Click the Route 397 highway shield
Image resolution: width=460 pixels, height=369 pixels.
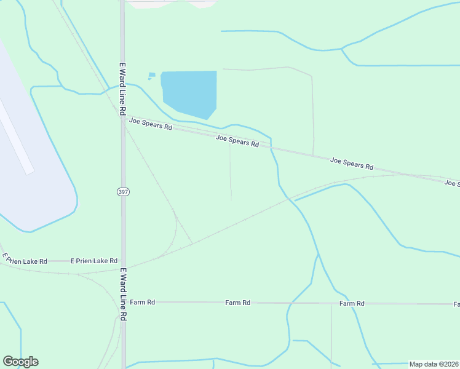[x=123, y=192]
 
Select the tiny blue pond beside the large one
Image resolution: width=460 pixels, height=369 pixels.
[x=151, y=76]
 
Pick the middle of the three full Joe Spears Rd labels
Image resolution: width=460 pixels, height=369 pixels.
[x=237, y=141]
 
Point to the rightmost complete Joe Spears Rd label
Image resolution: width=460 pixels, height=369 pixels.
[x=352, y=163]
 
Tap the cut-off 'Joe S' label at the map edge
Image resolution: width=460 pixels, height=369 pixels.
[x=452, y=183]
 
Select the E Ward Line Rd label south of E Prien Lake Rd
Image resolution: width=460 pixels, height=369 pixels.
[x=123, y=294]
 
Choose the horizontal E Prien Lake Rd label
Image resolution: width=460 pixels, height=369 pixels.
[x=93, y=261]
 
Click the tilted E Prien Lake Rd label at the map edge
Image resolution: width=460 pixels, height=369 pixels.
[x=25, y=259]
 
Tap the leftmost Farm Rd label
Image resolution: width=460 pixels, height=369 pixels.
[x=142, y=303]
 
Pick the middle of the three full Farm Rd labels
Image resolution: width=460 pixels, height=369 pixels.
[x=237, y=303]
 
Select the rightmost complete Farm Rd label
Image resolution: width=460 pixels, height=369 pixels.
[x=352, y=303]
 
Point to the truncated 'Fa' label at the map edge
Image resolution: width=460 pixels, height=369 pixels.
[x=456, y=304]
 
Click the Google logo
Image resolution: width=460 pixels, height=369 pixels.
[x=20, y=362]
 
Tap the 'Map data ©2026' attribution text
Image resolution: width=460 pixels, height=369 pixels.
[x=434, y=364]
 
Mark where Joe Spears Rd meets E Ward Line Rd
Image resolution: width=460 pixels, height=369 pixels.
[x=123, y=117]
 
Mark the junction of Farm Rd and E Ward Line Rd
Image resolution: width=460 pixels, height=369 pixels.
[x=123, y=303]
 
